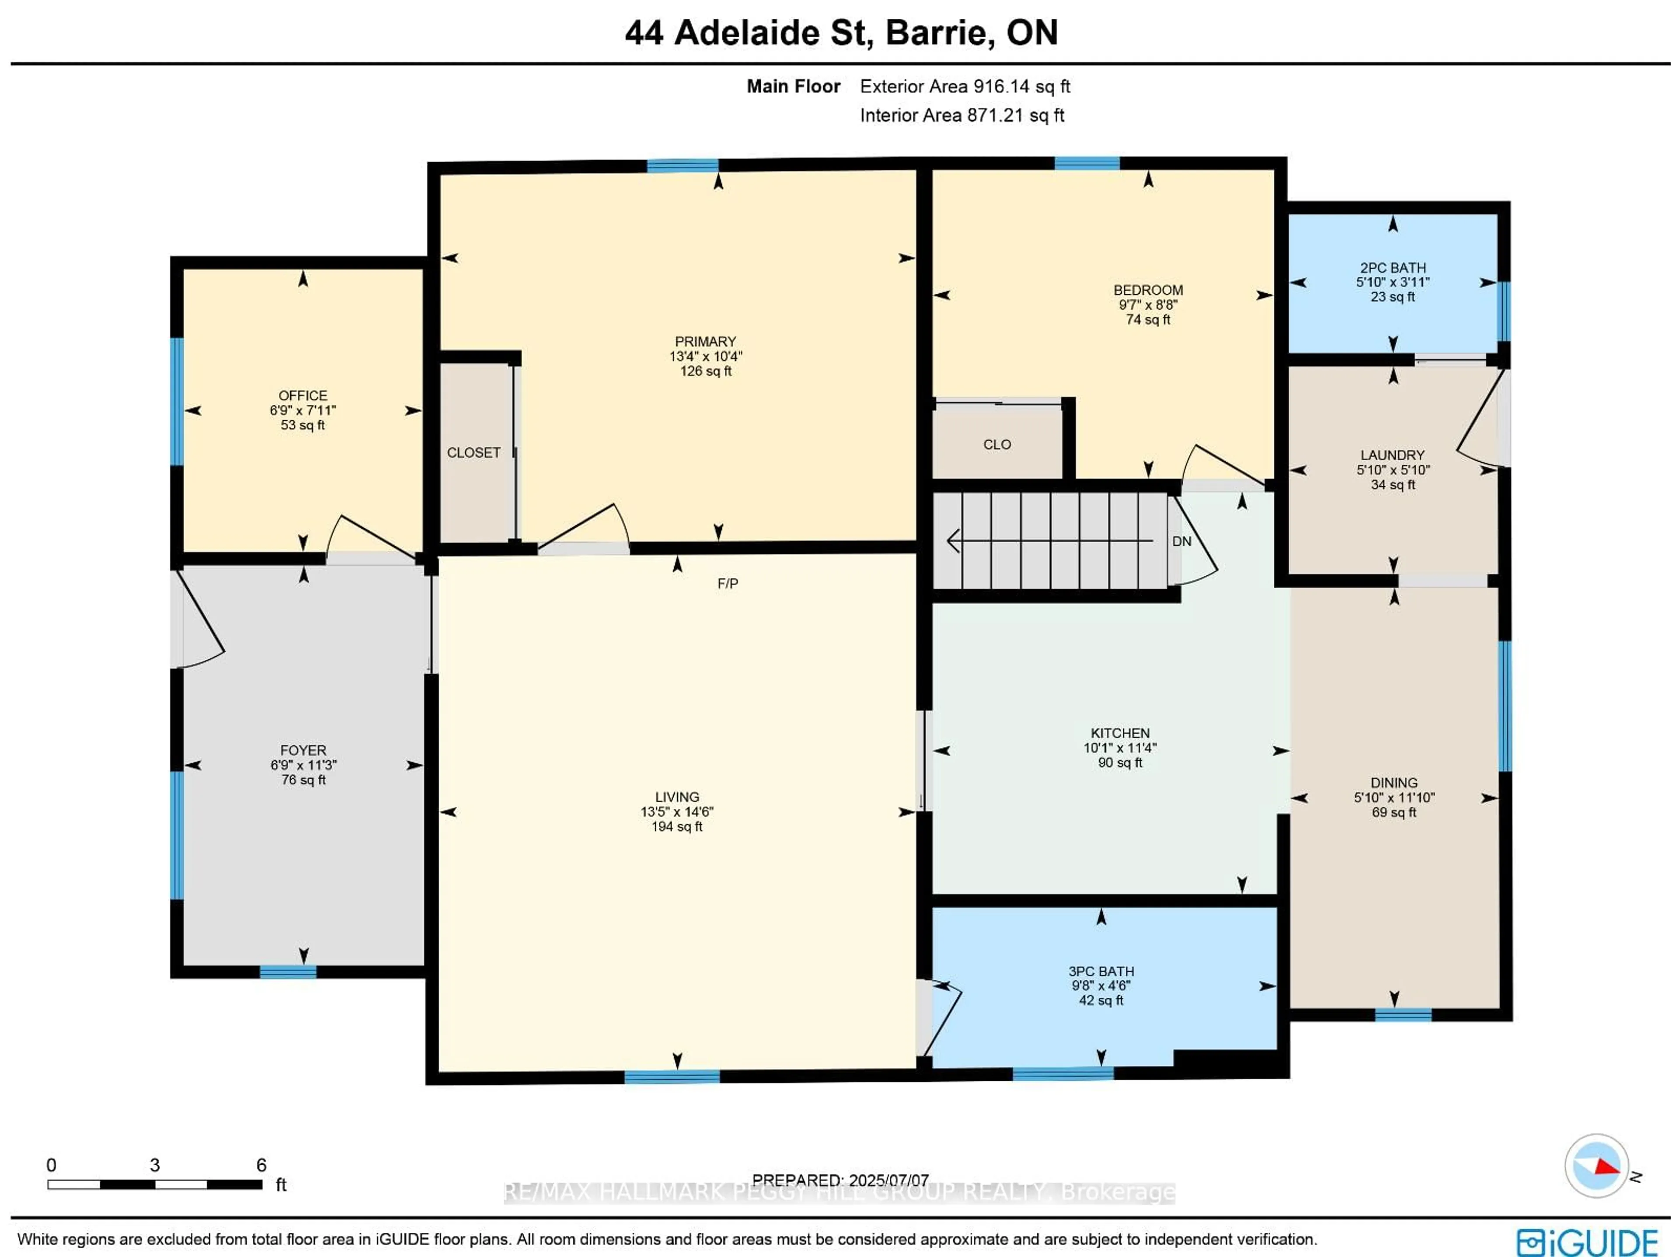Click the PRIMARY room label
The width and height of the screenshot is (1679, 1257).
tap(705, 341)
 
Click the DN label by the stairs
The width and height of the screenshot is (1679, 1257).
tap(1182, 541)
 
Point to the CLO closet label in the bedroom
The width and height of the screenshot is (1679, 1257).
tap(996, 445)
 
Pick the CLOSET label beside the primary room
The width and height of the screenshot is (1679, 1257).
tap(473, 453)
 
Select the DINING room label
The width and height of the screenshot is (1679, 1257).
tap(1393, 783)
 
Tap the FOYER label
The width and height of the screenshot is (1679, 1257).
tap(303, 750)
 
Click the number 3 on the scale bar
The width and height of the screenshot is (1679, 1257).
tap(155, 1165)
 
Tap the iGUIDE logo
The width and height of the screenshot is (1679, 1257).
tap(1586, 1242)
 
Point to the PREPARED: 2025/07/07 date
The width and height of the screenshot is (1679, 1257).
tap(840, 1180)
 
